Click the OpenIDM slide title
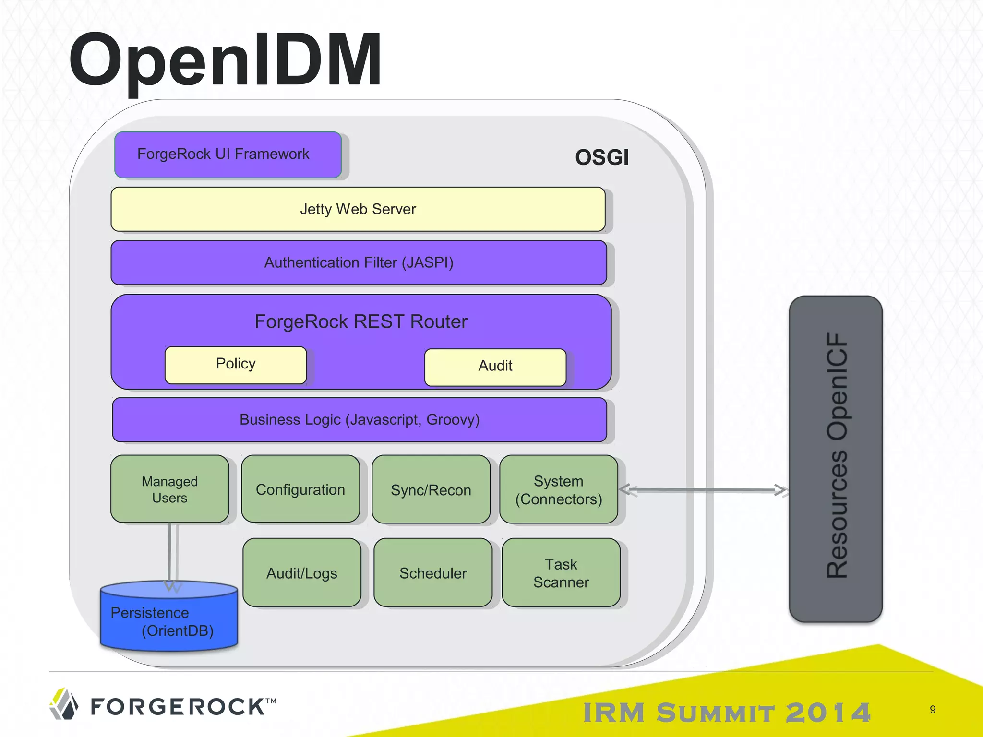click(x=226, y=60)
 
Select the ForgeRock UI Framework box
click(x=228, y=155)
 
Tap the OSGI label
click(x=601, y=157)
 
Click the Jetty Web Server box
click(x=358, y=209)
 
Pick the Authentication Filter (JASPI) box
click(x=359, y=262)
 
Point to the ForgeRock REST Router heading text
click(x=360, y=321)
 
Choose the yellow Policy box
click(x=236, y=365)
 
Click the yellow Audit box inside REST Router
click(x=495, y=367)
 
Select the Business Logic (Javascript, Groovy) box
click(x=359, y=419)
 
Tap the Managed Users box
click(x=169, y=489)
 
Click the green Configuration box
click(x=300, y=489)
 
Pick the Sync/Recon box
click(x=431, y=489)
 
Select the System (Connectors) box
click(x=558, y=489)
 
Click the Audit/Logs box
click(x=302, y=572)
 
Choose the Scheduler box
click(x=432, y=572)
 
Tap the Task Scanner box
click(x=561, y=572)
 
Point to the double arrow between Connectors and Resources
click(x=704, y=490)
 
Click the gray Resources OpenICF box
click(x=836, y=459)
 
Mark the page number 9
click(x=932, y=709)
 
